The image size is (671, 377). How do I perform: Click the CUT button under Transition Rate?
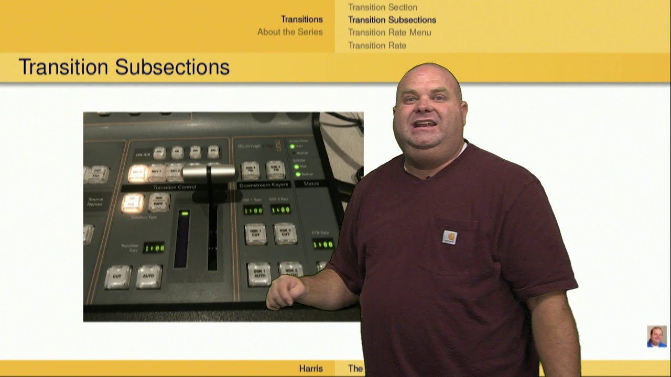117,276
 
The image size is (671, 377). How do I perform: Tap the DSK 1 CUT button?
256,234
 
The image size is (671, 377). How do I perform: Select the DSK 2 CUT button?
285,234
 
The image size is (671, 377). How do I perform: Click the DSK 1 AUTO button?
259,274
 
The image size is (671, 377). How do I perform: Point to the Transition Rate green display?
154,248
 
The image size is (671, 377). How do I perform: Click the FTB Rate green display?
323,244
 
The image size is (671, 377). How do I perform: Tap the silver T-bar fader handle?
209,172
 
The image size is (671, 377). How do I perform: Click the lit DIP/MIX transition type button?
133,203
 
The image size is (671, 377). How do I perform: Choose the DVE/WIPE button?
159,202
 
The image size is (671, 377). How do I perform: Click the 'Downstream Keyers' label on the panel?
264,185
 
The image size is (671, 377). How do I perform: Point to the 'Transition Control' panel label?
175,187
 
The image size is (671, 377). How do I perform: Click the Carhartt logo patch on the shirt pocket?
449,237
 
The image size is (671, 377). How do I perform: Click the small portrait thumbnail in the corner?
656,336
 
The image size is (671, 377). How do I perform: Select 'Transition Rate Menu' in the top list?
389,32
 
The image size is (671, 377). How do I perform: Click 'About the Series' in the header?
290,32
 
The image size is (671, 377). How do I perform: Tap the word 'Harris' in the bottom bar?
311,369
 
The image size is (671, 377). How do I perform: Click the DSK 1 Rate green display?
253,210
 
